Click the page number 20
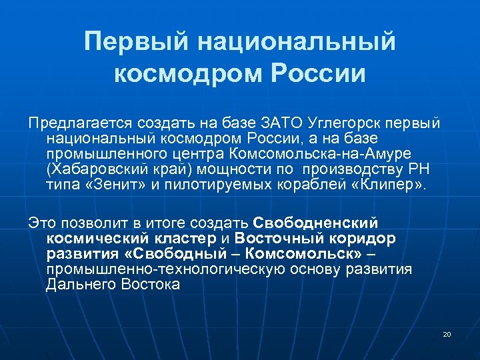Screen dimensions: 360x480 point(447,333)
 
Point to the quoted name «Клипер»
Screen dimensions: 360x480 point(384,184)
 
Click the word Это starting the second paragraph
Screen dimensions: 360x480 point(41,222)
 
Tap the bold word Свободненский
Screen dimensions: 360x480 point(316,222)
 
